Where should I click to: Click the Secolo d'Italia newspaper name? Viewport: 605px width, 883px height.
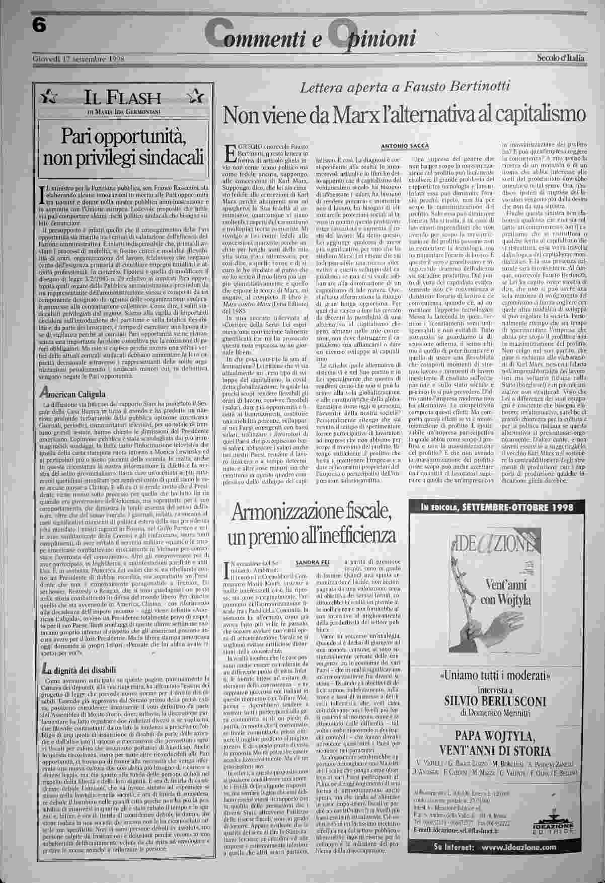(x=560, y=58)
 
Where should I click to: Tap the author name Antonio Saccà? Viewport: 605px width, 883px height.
(x=405, y=146)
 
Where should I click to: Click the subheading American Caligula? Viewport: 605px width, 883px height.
(x=73, y=394)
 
